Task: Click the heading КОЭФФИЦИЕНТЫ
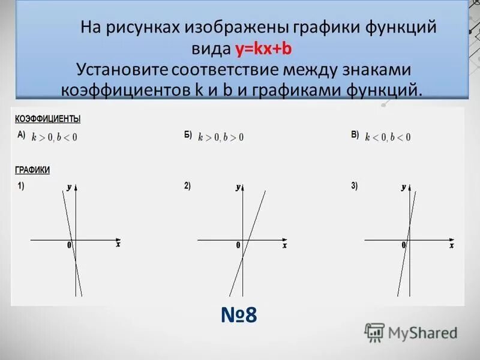pos(48,119)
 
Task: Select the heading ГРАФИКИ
pos(32,170)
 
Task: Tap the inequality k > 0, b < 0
pos(55,137)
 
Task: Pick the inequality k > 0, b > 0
pos(221,137)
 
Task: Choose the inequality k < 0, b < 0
pos(388,137)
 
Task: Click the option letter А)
pos(21,135)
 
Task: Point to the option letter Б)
pos(188,135)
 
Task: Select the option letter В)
pos(355,135)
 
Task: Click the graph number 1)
pos(21,186)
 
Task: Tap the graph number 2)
pos(188,186)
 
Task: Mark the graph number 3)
pos(355,186)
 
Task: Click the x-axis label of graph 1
pos(118,245)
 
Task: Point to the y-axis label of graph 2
pos(238,188)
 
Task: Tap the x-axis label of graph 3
pos(451,245)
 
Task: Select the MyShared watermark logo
pos(412,332)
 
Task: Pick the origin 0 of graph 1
pos(70,245)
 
